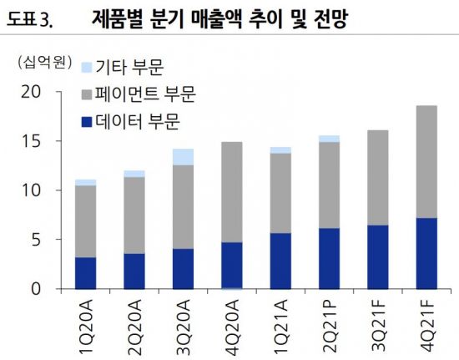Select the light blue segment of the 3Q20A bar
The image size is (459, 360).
(x=183, y=157)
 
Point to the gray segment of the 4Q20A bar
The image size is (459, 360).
(x=231, y=192)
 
